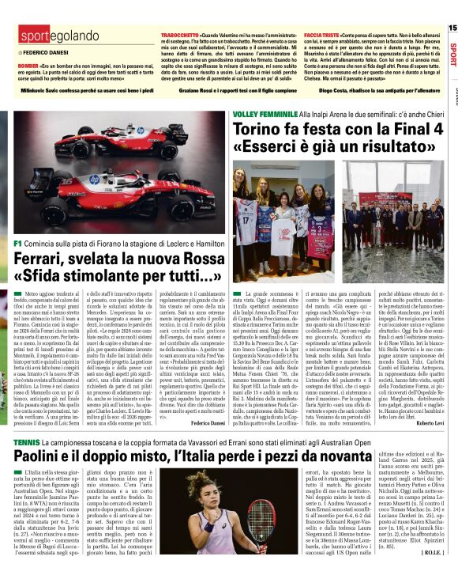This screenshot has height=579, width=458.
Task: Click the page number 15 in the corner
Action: click(x=452, y=28)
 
